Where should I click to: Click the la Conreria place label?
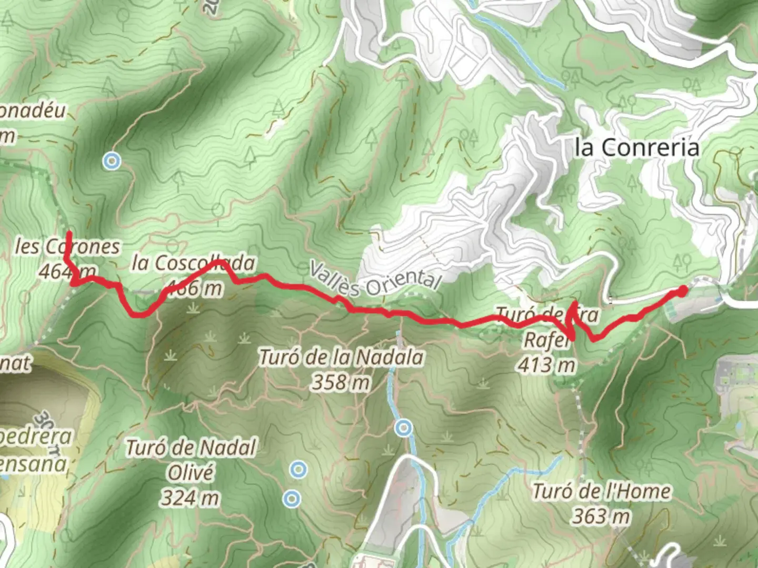(637, 147)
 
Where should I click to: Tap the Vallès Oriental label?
(374, 279)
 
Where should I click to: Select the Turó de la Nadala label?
(341, 358)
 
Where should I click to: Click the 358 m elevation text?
(341, 382)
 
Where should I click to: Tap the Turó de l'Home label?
(601, 492)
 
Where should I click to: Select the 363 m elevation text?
(601, 516)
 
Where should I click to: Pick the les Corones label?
(67, 246)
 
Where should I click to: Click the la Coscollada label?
(193, 262)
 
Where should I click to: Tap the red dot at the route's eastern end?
(682, 291)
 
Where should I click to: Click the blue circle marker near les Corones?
(111, 161)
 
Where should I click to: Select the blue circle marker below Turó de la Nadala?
(404, 428)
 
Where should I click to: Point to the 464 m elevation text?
(67, 271)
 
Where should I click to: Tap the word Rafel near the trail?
(546, 340)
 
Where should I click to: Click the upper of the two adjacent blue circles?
(298, 469)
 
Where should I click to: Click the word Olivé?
(191, 472)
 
